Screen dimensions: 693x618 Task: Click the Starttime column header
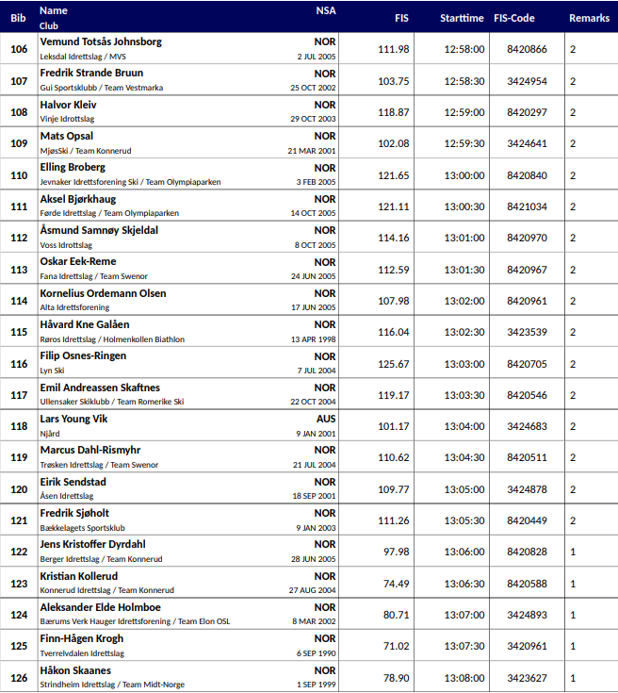click(x=462, y=18)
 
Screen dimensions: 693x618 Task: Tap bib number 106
click(x=19, y=49)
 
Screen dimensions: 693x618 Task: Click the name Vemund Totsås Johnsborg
click(x=101, y=41)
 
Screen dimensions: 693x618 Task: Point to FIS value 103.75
click(x=394, y=81)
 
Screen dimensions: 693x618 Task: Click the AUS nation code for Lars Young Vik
click(x=325, y=419)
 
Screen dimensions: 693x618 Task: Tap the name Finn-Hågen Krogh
click(x=81, y=638)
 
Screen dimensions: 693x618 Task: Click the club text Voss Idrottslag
click(x=66, y=245)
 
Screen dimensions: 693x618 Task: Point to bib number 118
click(x=19, y=426)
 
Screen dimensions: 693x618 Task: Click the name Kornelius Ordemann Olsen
click(x=103, y=293)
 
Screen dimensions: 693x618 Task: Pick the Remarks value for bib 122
click(x=573, y=553)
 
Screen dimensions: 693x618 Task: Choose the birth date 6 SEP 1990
click(x=316, y=653)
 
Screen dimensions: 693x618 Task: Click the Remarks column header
click(x=589, y=18)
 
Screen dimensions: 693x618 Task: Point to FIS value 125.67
click(x=394, y=364)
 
